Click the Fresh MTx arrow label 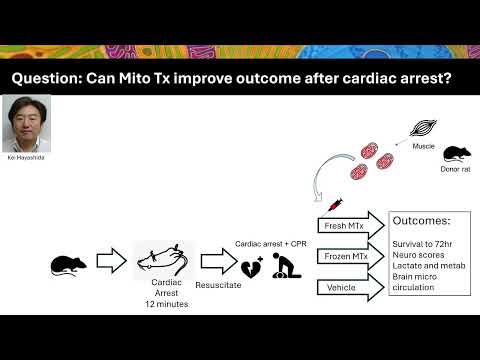pos(344,226)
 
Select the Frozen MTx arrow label pos(346,256)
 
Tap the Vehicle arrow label pos(341,287)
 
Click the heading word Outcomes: pos(421,220)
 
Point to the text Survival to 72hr pos(422,244)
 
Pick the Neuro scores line pos(418,255)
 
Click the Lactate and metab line pos(429,266)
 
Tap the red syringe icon pos(334,205)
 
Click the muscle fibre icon pos(423,128)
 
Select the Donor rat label pos(455,169)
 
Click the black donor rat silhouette pos(457,154)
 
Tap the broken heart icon pos(252,268)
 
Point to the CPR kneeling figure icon pos(286,265)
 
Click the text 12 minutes pos(166,304)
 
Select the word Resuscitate pos(218,285)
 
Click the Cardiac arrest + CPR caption pos(271,244)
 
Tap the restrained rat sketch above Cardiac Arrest pos(163,260)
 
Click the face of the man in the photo pos(26,119)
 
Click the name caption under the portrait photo pos(26,157)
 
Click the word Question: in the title pos(47,79)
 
